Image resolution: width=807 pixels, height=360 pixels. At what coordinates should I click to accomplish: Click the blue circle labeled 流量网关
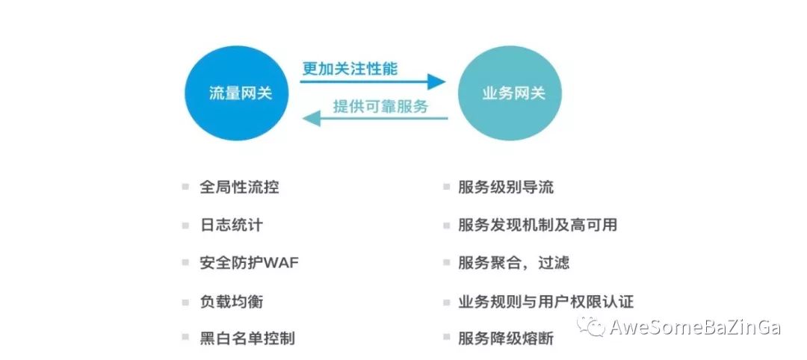[237, 93]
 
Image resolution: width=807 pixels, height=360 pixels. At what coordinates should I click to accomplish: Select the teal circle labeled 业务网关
[510, 93]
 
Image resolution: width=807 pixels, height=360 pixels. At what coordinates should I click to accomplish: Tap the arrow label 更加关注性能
[350, 69]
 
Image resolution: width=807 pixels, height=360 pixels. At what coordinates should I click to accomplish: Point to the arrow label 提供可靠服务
[381, 107]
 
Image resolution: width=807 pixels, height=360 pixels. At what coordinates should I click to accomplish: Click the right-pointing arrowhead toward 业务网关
[436, 81]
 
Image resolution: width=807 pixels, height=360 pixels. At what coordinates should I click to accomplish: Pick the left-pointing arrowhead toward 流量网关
[312, 120]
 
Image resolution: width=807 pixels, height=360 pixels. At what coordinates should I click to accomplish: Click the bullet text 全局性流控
[239, 187]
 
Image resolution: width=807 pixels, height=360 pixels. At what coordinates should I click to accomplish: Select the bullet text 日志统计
[232, 226]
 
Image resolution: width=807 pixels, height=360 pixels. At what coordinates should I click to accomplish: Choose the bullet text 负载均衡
[232, 301]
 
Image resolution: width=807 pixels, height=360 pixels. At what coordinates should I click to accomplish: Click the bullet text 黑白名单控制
[247, 338]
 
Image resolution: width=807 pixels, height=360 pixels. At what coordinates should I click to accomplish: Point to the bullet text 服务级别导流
[506, 187]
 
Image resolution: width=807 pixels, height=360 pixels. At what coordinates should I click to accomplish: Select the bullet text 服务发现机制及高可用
[538, 226]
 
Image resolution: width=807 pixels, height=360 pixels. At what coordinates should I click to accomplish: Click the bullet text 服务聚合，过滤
[513, 263]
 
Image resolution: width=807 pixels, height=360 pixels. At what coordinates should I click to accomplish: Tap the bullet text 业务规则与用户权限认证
[545, 301]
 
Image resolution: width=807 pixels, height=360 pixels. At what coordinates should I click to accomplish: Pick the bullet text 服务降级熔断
[506, 338]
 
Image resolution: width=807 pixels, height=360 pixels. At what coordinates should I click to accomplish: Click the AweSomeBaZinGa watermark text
[696, 327]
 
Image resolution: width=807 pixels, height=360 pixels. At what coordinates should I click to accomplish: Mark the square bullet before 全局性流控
[185, 187]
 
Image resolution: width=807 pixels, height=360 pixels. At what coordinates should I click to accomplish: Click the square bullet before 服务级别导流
[446, 187]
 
